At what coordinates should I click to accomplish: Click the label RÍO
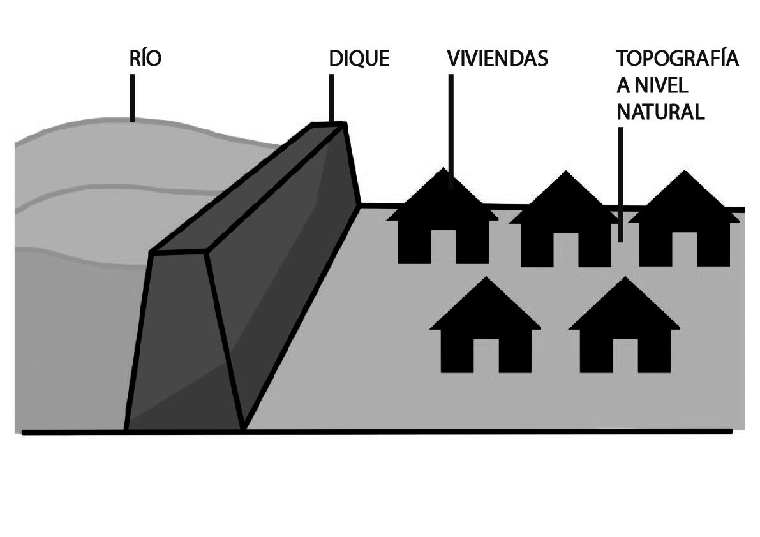click(x=145, y=59)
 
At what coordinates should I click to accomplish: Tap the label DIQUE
click(x=359, y=59)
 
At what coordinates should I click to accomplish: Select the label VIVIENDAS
click(x=498, y=59)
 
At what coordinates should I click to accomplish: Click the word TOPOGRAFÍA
click(x=677, y=59)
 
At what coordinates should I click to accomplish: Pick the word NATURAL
click(x=660, y=112)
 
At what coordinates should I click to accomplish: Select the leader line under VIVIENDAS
click(x=451, y=128)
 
